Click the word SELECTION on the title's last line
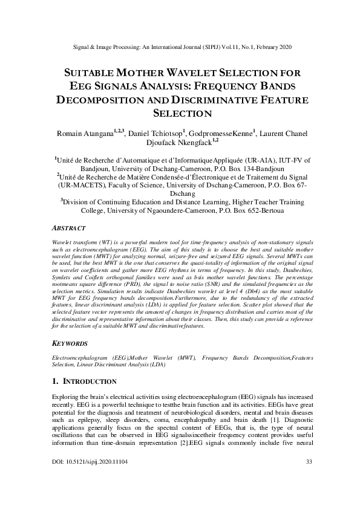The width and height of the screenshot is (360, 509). pos(180,112)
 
